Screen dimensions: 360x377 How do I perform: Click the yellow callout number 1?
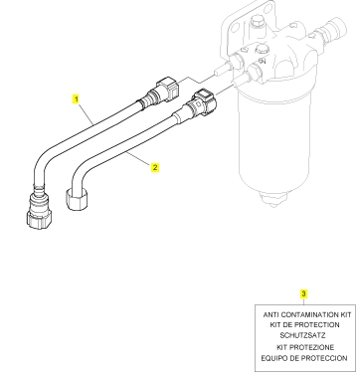[77, 98]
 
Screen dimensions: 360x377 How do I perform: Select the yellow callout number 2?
[155, 167]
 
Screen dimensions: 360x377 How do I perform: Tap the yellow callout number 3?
[303, 293]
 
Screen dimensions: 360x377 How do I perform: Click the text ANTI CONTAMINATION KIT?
[307, 314]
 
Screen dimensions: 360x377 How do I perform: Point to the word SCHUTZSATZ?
[302, 335]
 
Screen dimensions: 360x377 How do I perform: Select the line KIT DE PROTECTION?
[304, 325]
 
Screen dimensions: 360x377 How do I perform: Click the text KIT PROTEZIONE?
[305, 347]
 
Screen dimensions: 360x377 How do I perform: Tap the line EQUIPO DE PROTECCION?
[304, 358]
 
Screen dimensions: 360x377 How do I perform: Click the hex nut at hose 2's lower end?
[79, 200]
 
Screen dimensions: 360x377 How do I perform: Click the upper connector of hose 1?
[164, 90]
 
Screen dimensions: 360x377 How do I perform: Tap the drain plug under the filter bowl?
[273, 200]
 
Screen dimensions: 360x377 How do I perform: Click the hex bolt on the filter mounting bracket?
[256, 23]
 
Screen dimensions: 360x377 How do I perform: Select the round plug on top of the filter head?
[263, 49]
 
